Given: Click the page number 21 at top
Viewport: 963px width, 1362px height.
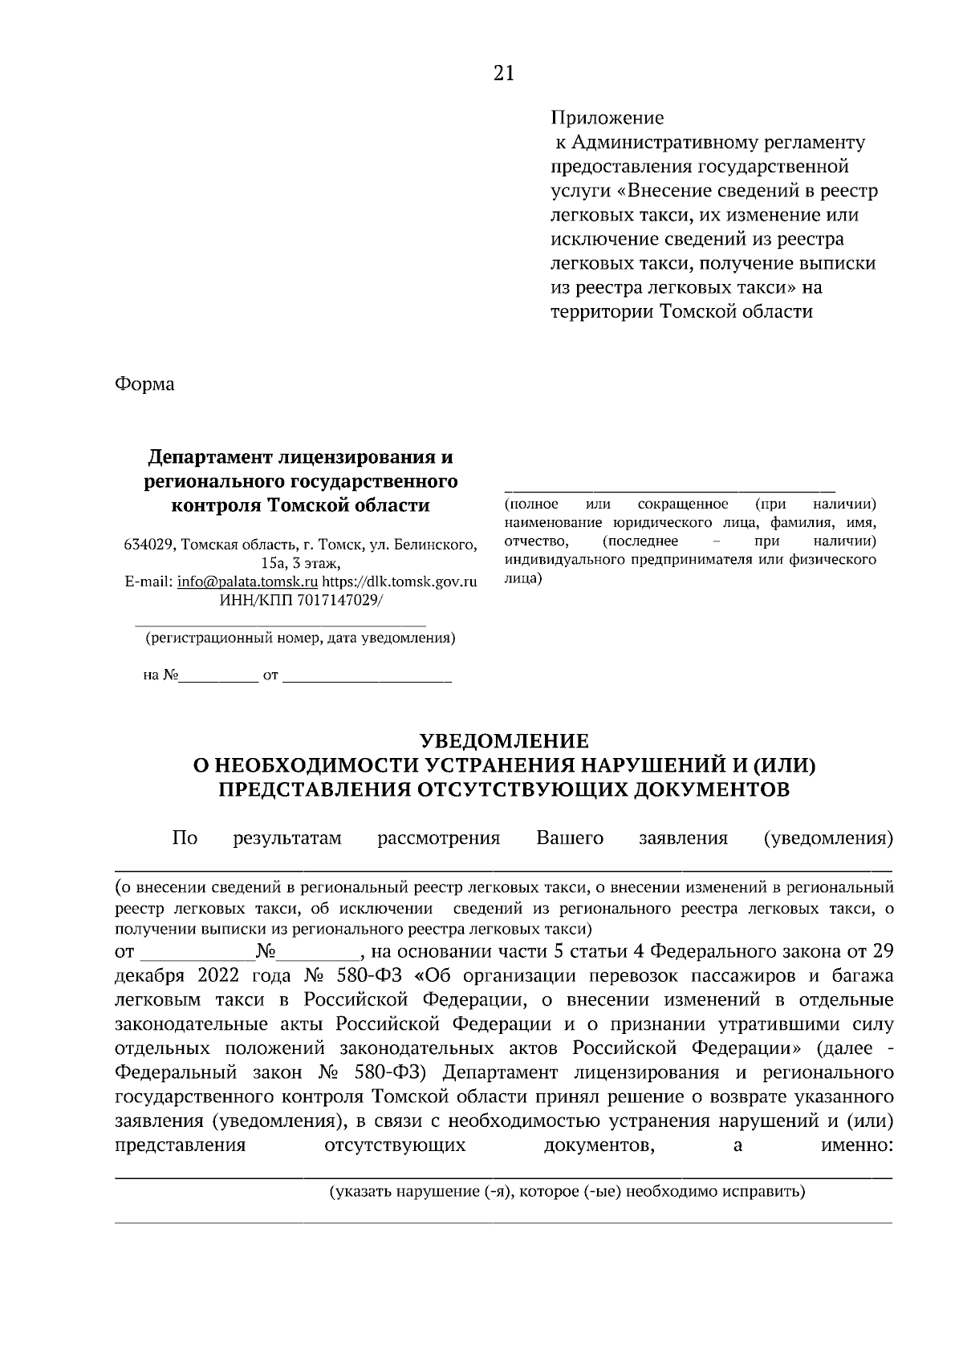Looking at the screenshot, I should [503, 74].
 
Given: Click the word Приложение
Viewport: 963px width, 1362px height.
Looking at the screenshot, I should [607, 118].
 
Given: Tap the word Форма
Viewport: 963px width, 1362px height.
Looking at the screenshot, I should [144, 383].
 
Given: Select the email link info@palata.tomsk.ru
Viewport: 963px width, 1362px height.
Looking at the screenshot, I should [247, 582].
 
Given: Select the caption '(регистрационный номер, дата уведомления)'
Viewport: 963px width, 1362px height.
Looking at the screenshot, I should [300, 638].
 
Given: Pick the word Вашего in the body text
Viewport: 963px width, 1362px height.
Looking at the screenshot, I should [569, 838].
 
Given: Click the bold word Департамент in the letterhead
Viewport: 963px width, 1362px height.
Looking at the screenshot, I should [210, 457].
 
